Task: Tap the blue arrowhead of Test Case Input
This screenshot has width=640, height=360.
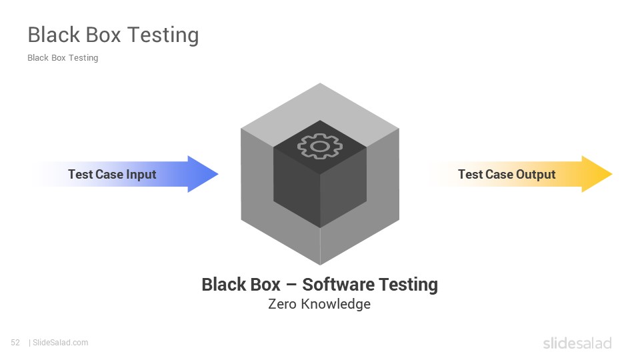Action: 203,174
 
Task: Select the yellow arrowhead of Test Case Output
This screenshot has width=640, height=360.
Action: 597,174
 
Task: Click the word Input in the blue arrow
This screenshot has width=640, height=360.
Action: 141,175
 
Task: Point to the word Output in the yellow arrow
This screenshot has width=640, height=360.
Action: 535,175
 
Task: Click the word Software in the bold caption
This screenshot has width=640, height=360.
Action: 339,284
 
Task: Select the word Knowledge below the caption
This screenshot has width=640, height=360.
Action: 336,305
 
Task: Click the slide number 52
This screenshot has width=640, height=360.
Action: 15,343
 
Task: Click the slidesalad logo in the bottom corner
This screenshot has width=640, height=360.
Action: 577,343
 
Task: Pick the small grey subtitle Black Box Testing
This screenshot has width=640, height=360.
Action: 63,58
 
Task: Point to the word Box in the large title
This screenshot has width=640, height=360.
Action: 103,35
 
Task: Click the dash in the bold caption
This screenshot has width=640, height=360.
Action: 291,285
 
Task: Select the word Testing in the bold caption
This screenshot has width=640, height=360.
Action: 409,285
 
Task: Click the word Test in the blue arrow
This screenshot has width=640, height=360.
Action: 81,174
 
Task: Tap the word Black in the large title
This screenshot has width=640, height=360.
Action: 54,35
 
